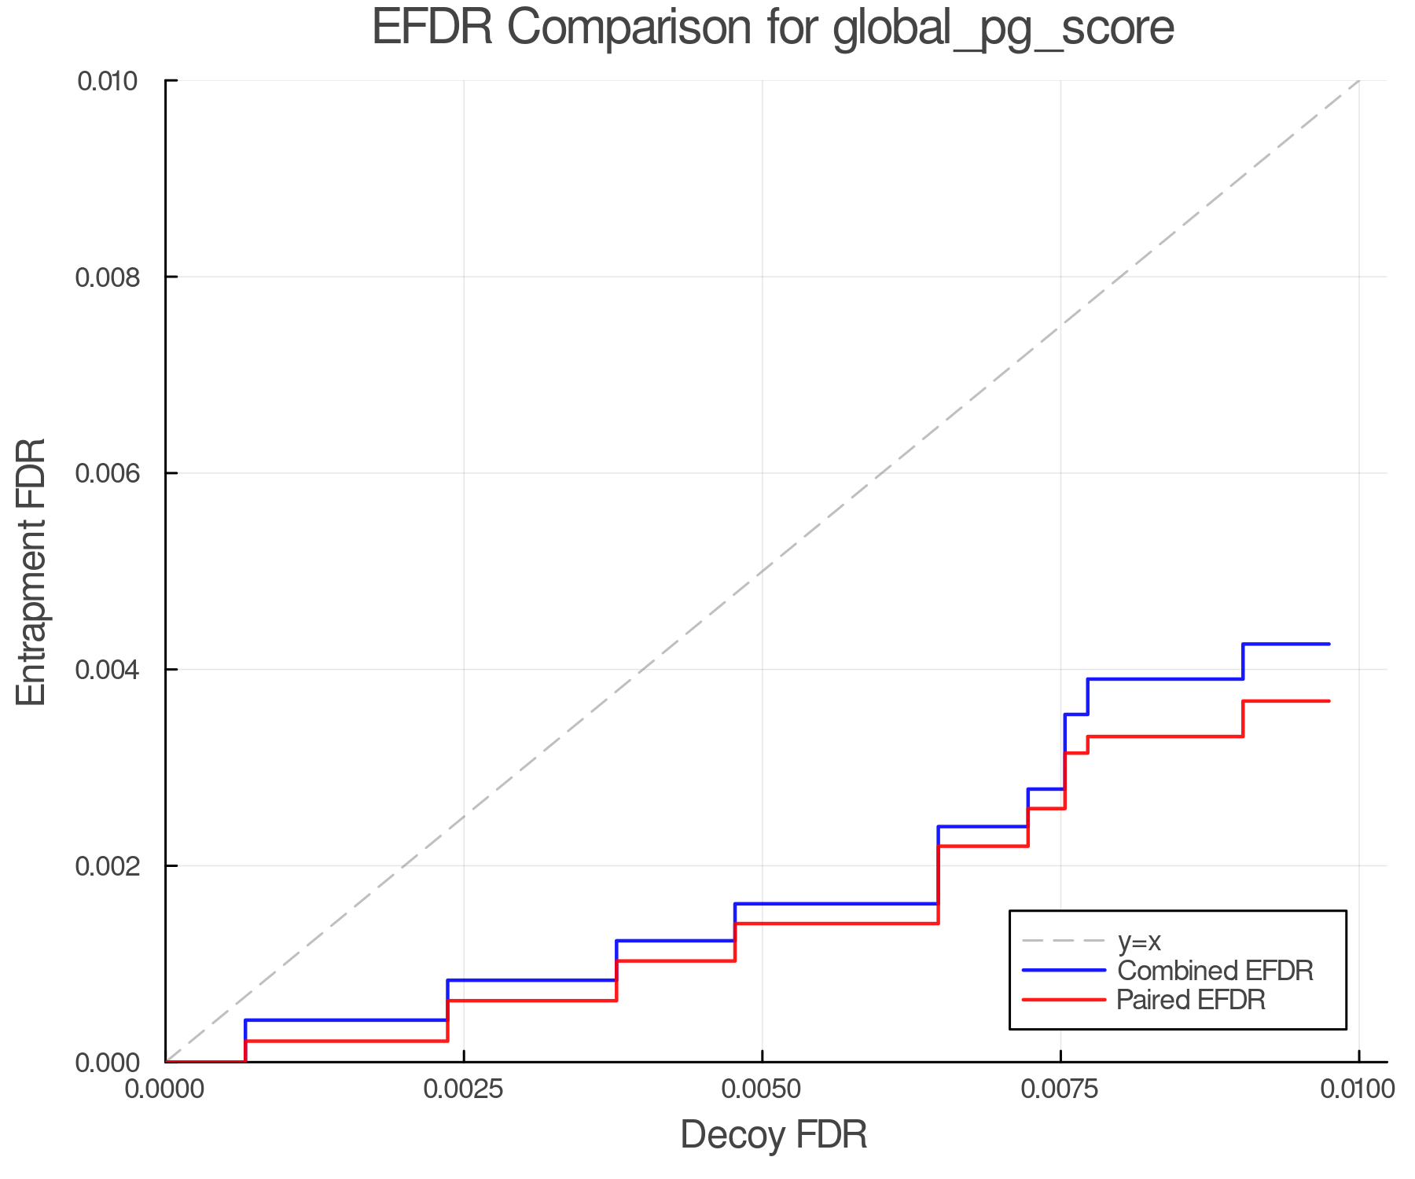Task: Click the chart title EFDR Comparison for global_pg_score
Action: [773, 28]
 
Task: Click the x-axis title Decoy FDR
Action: [773, 1134]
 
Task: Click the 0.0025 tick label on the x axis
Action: [463, 1089]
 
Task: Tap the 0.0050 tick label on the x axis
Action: [762, 1089]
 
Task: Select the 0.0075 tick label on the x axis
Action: [1060, 1089]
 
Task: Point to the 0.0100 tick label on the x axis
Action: [1358, 1089]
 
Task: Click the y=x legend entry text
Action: [1139, 941]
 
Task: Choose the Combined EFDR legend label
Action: [1215, 971]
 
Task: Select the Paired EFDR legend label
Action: [1191, 1000]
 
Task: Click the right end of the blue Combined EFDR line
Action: [1328, 644]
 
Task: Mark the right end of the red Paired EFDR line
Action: [1328, 701]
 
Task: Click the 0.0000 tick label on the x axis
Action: [165, 1089]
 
